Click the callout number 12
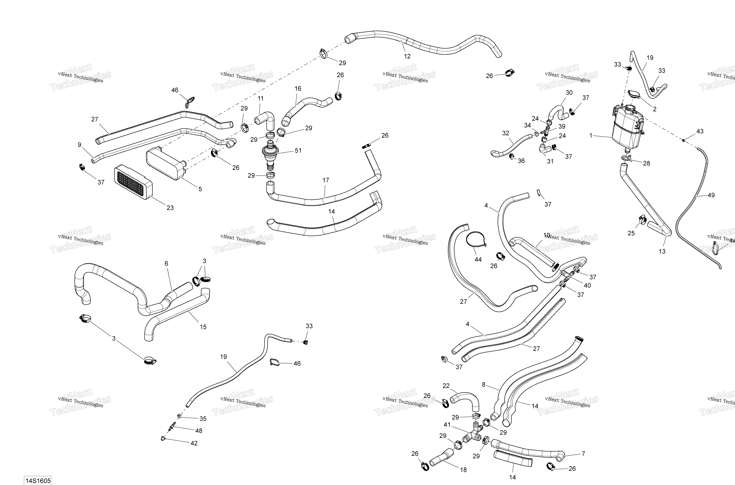tap(407, 56)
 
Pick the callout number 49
tap(711, 195)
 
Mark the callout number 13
tap(662, 251)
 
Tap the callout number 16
tap(298, 89)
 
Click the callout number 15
tap(203, 327)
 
